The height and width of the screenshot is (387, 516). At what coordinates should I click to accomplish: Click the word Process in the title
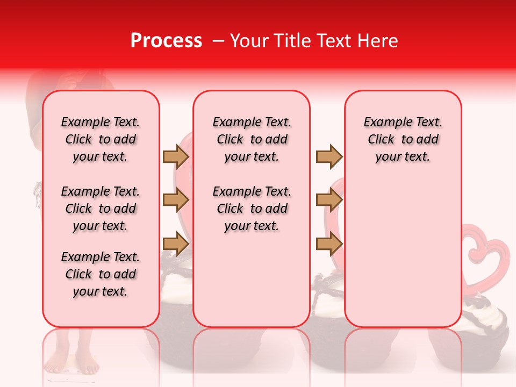[166, 41]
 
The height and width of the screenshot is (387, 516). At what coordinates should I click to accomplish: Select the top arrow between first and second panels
[176, 156]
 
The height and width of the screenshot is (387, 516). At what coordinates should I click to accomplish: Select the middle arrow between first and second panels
[176, 200]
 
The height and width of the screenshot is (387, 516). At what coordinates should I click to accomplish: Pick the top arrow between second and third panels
[329, 156]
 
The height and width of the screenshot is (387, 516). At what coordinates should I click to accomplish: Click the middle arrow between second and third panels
[329, 200]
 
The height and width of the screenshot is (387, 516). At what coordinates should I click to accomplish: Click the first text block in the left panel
[101, 139]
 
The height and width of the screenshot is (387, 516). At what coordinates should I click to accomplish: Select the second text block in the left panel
[101, 209]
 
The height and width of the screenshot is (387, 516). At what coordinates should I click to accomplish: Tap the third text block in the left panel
[101, 274]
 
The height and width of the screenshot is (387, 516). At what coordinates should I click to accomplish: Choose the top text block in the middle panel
[252, 139]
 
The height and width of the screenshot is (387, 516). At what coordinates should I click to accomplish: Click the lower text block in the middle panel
[252, 209]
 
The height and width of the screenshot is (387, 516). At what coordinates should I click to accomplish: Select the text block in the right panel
[403, 139]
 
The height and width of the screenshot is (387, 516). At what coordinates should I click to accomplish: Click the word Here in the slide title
[379, 41]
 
